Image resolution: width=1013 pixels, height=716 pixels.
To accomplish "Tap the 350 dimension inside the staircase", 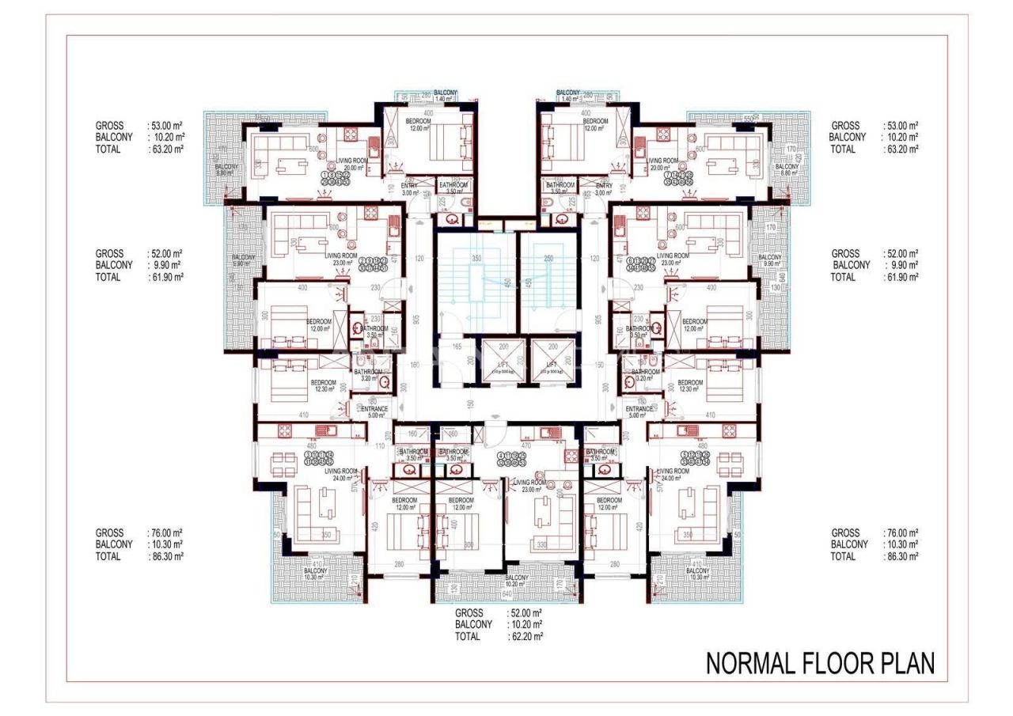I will click(x=476, y=259).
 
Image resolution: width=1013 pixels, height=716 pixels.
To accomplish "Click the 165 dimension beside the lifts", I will click(x=457, y=346).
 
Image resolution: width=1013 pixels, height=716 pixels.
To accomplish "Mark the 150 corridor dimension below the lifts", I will click(x=469, y=404).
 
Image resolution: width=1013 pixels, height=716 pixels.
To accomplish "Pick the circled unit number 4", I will click(x=502, y=456).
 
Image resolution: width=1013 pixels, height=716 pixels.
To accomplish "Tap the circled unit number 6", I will click(x=630, y=260).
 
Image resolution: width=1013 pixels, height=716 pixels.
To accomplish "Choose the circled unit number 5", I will click(x=685, y=454).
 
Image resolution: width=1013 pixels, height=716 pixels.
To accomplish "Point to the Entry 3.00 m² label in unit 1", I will click(x=409, y=188).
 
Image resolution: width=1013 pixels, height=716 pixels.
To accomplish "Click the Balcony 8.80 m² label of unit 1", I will click(x=226, y=170).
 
